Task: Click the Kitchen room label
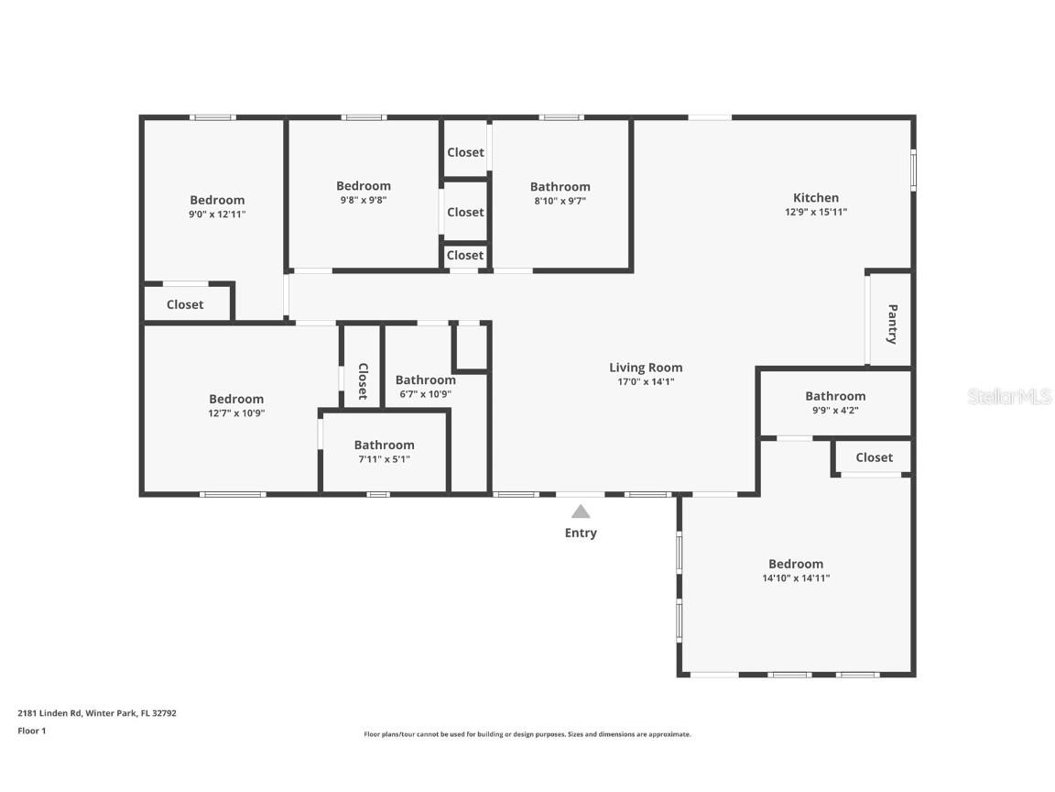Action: click(x=815, y=197)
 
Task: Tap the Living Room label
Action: click(x=646, y=367)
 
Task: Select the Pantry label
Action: click(x=892, y=324)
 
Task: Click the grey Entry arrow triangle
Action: click(x=581, y=511)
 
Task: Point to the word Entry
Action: click(x=581, y=533)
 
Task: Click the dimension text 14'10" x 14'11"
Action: click(x=796, y=577)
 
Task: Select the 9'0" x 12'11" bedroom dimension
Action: click(x=217, y=214)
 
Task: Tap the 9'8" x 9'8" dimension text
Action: click(x=364, y=200)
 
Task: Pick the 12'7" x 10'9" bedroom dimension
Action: click(x=236, y=412)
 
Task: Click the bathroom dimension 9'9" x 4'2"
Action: click(x=835, y=410)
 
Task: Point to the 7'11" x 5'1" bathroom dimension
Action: click(x=385, y=459)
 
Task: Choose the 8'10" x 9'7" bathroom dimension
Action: click(x=560, y=201)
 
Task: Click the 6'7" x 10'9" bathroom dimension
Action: click(x=425, y=394)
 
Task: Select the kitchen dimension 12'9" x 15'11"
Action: click(x=815, y=212)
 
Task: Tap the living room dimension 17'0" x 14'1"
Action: click(x=646, y=381)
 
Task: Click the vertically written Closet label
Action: click(x=364, y=381)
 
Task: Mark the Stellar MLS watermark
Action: click(x=1009, y=396)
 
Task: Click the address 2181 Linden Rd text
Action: click(x=49, y=712)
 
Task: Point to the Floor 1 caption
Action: click(x=32, y=730)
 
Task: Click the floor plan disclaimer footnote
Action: click(x=527, y=734)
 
